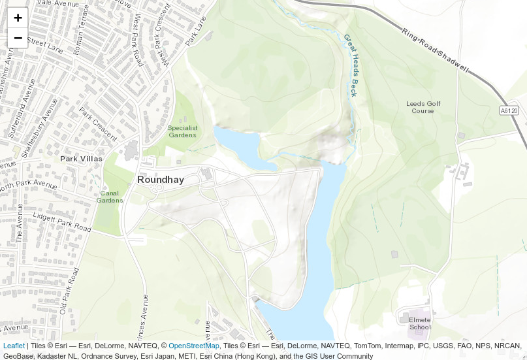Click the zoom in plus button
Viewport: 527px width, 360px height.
[18, 18]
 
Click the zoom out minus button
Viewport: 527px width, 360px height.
[18, 38]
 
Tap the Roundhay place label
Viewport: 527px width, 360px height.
[160, 180]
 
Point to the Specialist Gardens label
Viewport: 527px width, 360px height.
[182, 131]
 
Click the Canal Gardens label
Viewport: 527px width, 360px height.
[110, 197]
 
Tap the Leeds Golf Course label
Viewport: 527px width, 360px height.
[423, 107]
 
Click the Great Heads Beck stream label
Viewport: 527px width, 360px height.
[351, 65]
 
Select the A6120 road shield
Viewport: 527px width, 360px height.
[509, 111]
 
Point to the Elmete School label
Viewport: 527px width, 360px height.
[420, 323]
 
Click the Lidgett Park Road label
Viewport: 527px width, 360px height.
[63, 221]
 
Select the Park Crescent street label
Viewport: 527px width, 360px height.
[98, 125]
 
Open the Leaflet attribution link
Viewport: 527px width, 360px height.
[14, 346]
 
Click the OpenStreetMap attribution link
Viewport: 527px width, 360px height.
[193, 346]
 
